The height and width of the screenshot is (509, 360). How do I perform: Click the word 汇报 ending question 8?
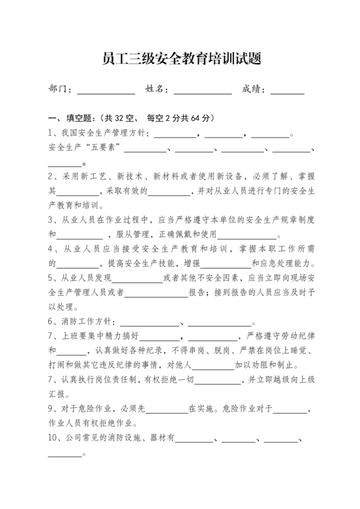(x=58, y=394)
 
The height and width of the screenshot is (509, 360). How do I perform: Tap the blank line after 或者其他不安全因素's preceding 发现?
(x=138, y=279)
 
